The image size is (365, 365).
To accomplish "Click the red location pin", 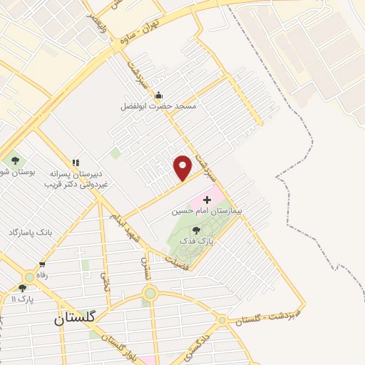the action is [183, 168].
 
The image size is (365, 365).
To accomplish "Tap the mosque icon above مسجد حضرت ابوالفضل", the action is [158, 96].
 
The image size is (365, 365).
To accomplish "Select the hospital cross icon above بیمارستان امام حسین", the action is [207, 200].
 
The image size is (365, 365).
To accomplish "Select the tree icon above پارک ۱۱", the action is [22, 289].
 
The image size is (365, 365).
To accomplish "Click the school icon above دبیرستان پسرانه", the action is [76, 163].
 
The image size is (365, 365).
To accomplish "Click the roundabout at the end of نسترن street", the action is [150, 293].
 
